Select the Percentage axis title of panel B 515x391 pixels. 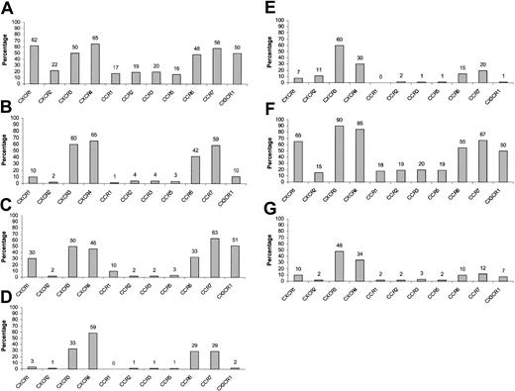[9, 148]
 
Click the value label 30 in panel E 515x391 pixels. [360, 56]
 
